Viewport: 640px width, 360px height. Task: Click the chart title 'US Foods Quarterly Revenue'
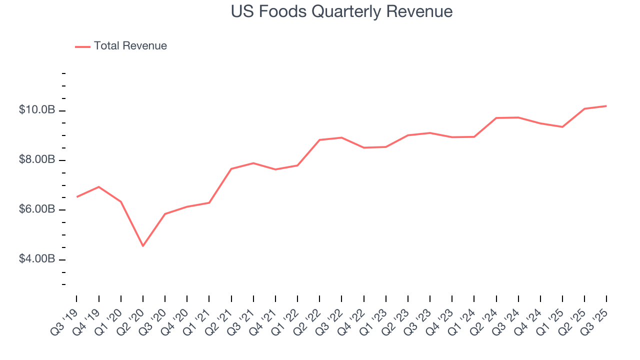pyautogui.click(x=341, y=12)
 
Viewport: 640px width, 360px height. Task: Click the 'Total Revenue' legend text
pyautogui.click(x=130, y=46)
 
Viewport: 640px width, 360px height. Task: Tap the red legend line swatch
pyautogui.click(x=82, y=46)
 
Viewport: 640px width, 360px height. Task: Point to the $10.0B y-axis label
pyautogui.click(x=37, y=110)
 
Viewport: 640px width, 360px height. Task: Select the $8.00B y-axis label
pyautogui.click(x=37, y=160)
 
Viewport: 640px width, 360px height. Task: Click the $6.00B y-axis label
pyautogui.click(x=37, y=209)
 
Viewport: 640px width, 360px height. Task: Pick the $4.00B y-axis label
pyautogui.click(x=37, y=259)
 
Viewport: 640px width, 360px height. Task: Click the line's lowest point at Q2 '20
pyautogui.click(x=143, y=246)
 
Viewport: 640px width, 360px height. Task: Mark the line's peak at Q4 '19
pyautogui.click(x=99, y=187)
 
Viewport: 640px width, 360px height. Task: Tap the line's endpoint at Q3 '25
pyautogui.click(x=606, y=106)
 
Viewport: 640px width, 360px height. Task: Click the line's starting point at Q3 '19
pyautogui.click(x=76, y=197)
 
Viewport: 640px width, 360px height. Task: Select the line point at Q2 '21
pyautogui.click(x=231, y=168)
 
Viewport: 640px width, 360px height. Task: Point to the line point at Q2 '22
pyautogui.click(x=319, y=140)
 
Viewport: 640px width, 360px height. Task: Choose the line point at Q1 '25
pyautogui.click(x=562, y=127)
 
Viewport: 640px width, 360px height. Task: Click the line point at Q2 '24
pyautogui.click(x=496, y=118)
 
